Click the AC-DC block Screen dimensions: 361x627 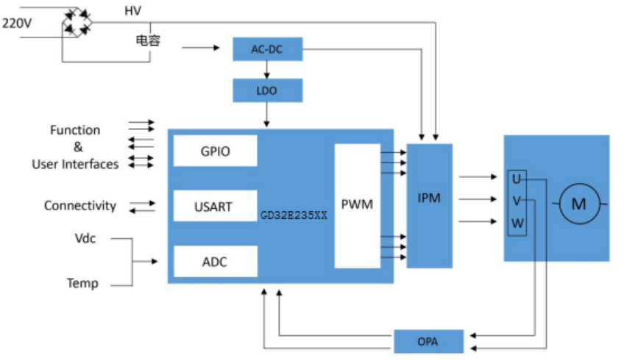(267, 49)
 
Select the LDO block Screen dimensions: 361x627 (267, 90)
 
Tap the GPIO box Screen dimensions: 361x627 (215, 151)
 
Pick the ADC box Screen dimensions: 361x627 (215, 262)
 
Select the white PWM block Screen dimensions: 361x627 (357, 205)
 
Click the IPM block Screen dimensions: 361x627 (429, 199)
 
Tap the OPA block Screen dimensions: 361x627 (428, 342)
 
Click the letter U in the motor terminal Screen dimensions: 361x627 (517, 179)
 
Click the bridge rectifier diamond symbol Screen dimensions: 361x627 (77, 22)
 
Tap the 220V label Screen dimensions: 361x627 (16, 24)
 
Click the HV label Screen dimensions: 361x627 (133, 11)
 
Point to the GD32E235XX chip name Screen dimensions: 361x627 (294, 217)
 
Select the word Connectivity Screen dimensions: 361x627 (79, 206)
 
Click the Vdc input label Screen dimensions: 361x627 (85, 239)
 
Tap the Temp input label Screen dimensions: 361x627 (82, 283)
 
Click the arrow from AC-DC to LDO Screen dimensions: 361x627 (267, 70)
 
